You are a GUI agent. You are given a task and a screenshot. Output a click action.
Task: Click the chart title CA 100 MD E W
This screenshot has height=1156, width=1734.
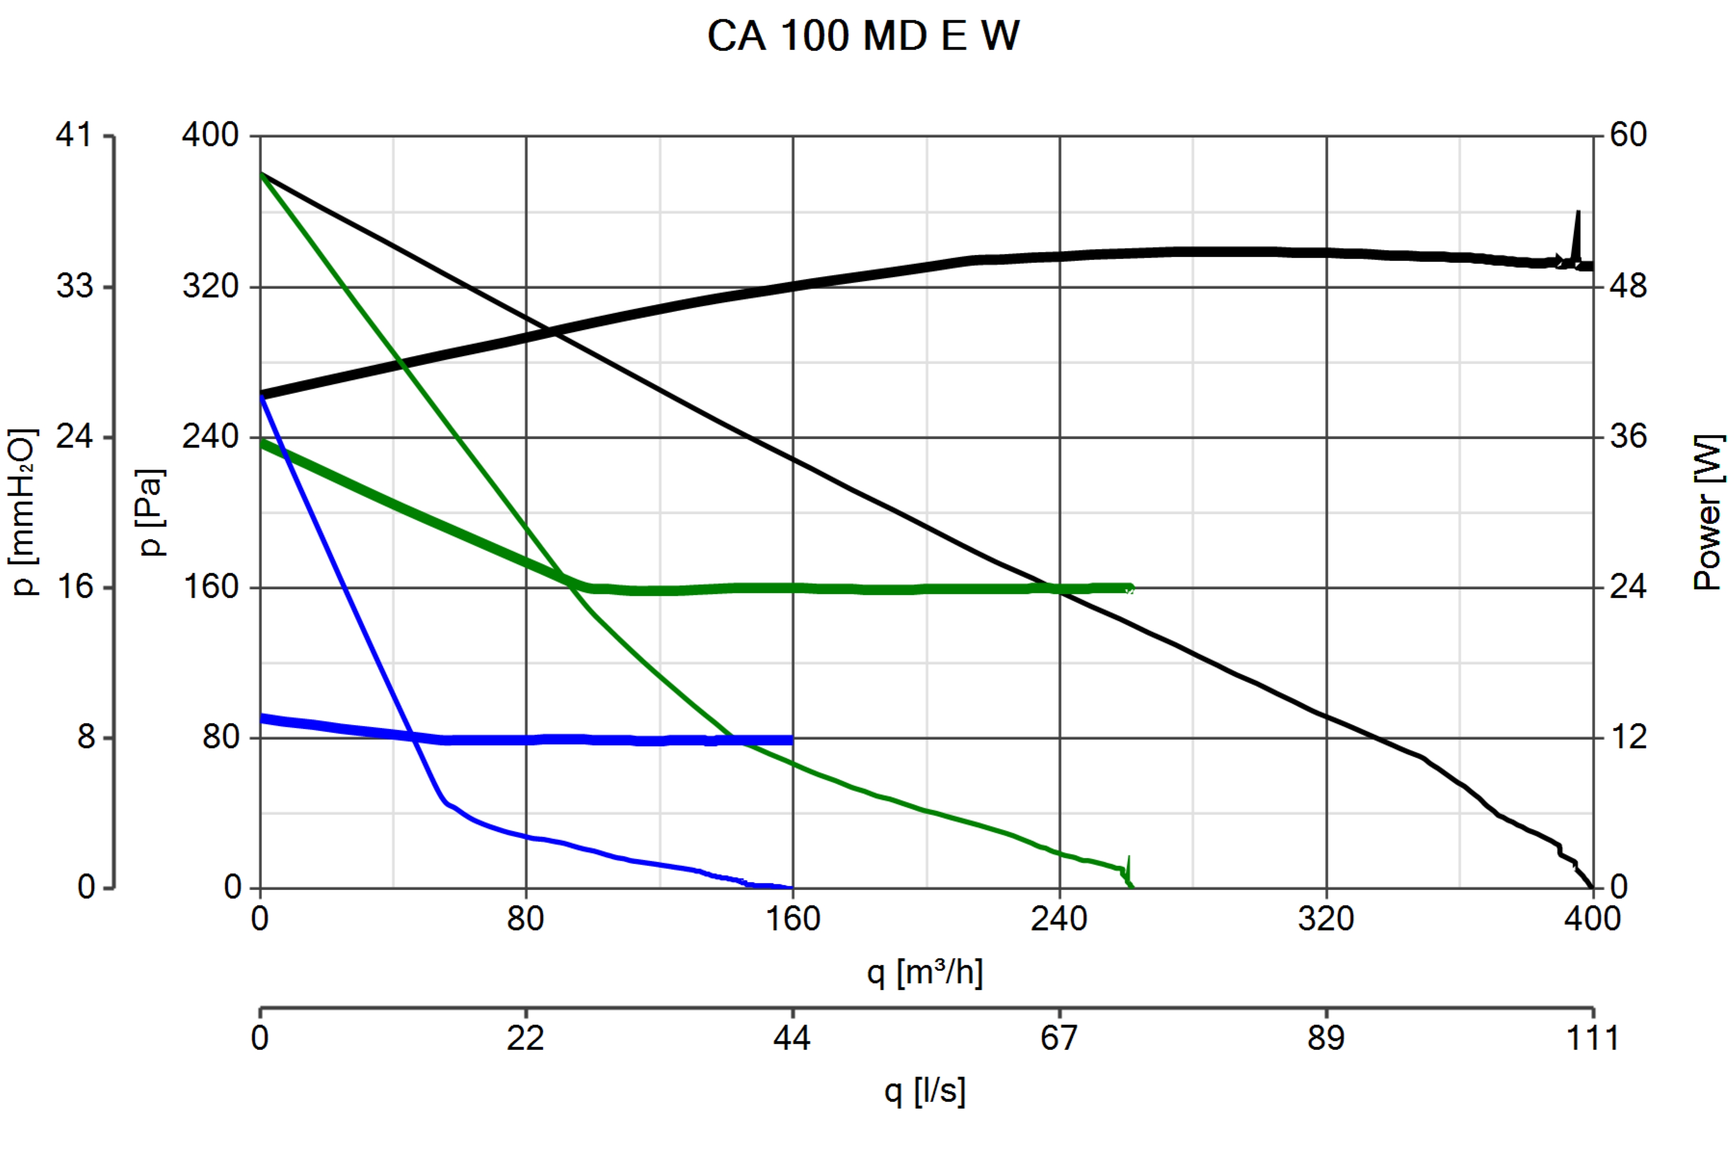coord(863,35)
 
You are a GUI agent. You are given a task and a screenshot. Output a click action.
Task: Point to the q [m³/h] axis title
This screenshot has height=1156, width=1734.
coord(924,972)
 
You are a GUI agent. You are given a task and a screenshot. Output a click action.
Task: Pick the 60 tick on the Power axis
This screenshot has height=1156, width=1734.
coord(1628,135)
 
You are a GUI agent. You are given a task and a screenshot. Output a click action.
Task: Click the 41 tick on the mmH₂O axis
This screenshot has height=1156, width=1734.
coord(74,135)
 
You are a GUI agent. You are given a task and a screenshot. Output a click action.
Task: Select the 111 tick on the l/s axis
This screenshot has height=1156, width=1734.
coord(1592,1038)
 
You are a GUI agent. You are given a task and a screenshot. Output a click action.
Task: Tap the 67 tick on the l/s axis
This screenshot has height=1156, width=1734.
coord(1059,1038)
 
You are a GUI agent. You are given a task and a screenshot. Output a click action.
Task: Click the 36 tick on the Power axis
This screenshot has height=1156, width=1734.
coord(1628,436)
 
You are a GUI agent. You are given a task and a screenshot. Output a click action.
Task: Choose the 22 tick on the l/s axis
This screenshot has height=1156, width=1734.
coord(525,1038)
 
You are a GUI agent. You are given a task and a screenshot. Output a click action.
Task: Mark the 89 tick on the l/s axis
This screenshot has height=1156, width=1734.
coord(1326,1038)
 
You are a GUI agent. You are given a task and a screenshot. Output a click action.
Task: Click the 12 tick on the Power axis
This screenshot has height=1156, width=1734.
coord(1628,737)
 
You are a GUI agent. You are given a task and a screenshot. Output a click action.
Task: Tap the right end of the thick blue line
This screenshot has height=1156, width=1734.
coord(791,739)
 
